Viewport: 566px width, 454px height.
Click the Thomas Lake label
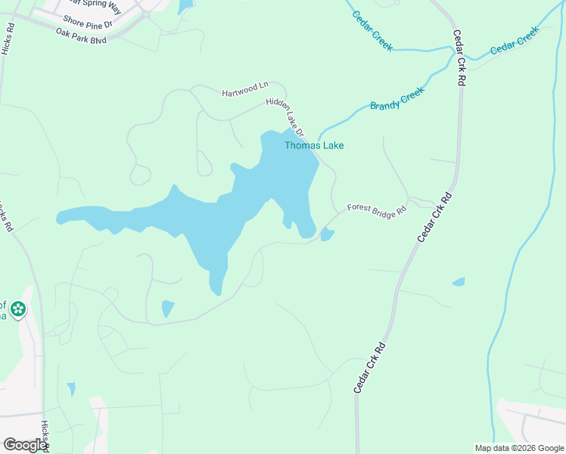click(x=314, y=145)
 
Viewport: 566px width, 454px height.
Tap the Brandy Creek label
click(x=397, y=98)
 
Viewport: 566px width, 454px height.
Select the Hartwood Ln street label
click(x=245, y=92)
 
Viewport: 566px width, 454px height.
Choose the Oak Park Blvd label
click(x=81, y=34)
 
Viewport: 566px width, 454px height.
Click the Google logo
click(x=25, y=445)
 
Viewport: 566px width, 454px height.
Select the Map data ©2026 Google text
click(x=519, y=447)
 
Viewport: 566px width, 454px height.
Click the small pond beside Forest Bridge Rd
click(x=327, y=235)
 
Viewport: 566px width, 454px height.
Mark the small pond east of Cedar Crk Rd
click(x=459, y=282)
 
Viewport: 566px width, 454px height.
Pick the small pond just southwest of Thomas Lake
click(x=167, y=309)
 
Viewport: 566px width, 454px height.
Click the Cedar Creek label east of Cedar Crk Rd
click(x=514, y=41)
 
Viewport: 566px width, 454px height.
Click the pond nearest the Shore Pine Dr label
click(x=185, y=7)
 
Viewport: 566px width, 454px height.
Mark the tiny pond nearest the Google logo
click(x=71, y=390)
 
